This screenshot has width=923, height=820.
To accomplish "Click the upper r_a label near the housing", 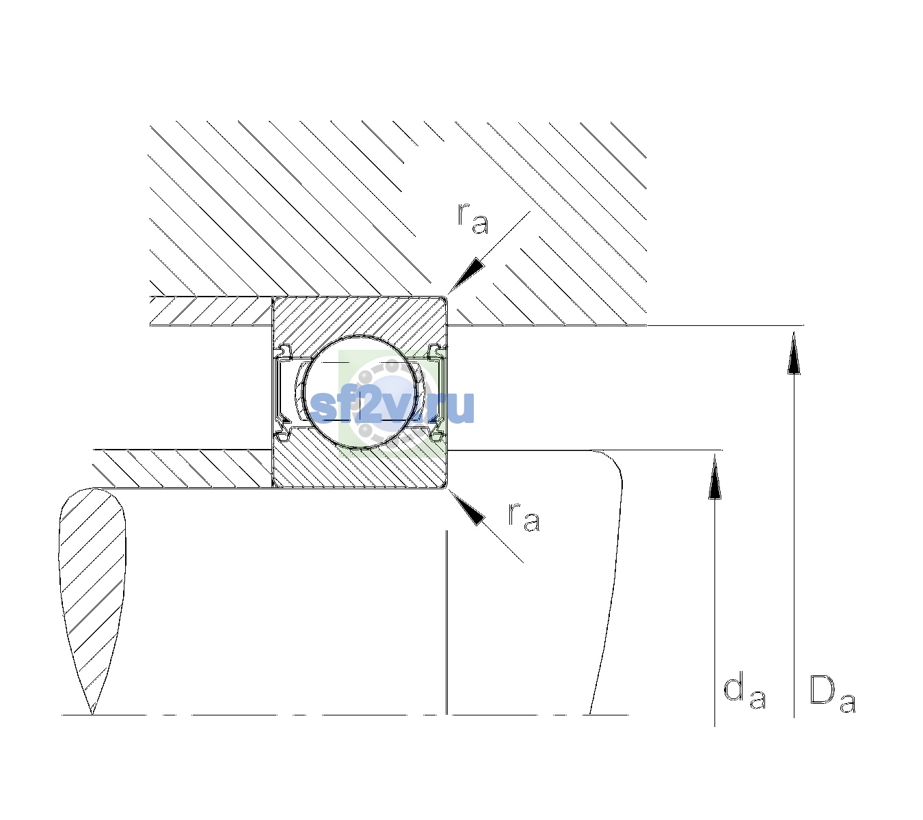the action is tap(472, 219).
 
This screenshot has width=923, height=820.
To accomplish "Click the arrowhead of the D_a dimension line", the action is tap(794, 353).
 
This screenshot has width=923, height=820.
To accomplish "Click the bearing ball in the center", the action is tap(360, 392).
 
